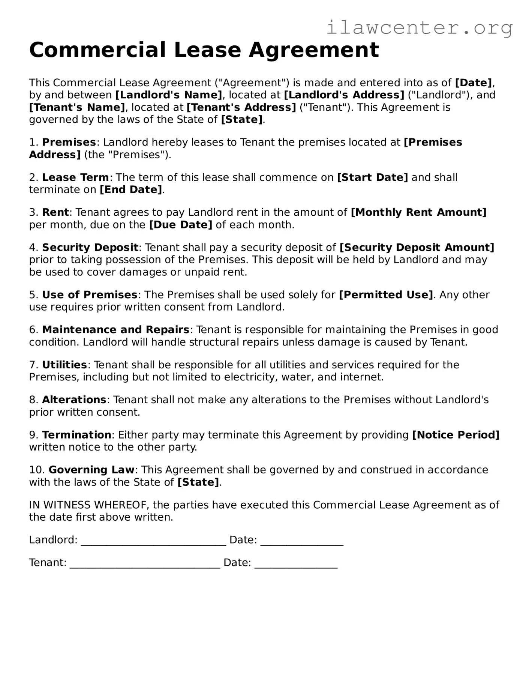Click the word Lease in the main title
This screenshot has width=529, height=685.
(207, 50)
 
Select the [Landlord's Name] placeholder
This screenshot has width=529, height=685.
(169, 95)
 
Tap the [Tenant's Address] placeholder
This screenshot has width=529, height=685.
(241, 107)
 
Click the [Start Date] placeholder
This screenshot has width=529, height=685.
(372, 177)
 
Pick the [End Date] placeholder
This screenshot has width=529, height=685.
(131, 190)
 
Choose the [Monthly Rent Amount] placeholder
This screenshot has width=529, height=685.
(418, 212)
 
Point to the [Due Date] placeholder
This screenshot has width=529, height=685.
(181, 225)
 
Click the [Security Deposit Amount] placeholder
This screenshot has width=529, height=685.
(417, 248)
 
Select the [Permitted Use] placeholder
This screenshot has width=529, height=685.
(386, 295)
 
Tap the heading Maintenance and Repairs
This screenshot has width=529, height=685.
(115, 330)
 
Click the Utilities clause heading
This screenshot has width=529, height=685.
(64, 365)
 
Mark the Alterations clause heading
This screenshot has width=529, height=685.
(74, 400)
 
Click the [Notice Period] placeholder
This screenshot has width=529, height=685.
(456, 435)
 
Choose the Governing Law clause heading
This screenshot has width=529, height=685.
(91, 470)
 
